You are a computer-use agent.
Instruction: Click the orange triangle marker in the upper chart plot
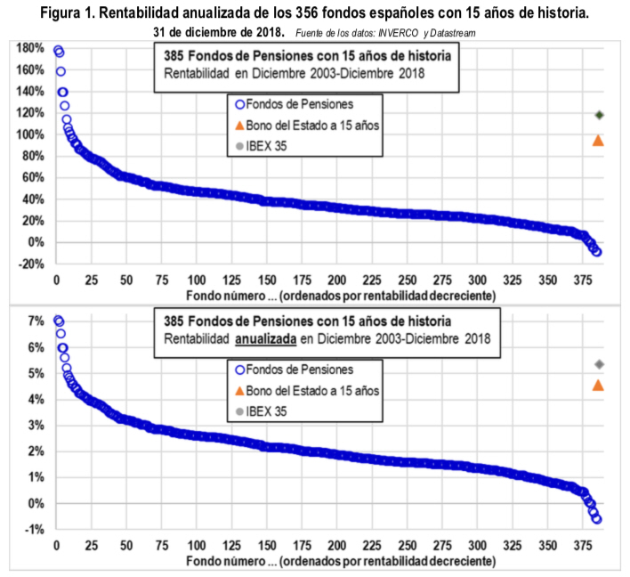click(599, 140)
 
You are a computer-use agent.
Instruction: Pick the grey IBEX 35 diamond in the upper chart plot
click(599, 115)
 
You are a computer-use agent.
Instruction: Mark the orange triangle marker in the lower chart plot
click(599, 385)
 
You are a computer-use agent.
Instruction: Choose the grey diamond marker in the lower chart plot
click(599, 363)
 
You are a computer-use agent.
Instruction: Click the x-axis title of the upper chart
click(341, 295)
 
